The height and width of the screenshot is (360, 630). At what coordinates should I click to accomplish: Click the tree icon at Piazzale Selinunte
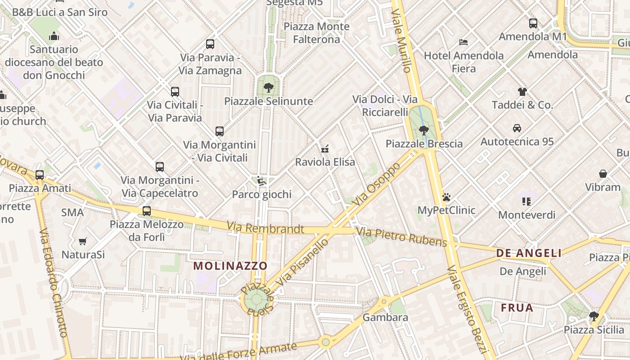[269, 87]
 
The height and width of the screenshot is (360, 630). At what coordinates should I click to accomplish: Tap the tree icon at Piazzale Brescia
[423, 130]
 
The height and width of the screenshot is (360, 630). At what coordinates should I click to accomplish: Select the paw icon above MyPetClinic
[446, 197]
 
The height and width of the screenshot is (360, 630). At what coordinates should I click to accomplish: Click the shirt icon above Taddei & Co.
[522, 92]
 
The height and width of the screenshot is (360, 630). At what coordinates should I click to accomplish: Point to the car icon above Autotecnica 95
[517, 128]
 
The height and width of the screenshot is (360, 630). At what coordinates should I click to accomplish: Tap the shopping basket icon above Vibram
[603, 174]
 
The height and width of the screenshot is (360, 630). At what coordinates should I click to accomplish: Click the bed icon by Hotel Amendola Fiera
[463, 42]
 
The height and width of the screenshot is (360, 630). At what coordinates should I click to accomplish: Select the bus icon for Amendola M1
[533, 23]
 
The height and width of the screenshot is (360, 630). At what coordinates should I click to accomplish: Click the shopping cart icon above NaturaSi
[82, 242]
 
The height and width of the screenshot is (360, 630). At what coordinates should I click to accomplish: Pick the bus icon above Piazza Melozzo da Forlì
[147, 211]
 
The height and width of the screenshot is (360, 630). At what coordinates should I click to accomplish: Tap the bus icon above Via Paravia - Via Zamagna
[210, 44]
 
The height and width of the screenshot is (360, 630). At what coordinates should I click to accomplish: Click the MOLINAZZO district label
[230, 265]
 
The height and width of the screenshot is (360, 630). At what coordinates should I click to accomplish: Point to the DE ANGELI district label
[529, 253]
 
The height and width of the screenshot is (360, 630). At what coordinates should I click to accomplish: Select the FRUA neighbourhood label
[517, 308]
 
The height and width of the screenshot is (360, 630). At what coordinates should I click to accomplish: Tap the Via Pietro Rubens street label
[401, 237]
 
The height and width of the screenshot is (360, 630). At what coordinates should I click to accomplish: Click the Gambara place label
[385, 317]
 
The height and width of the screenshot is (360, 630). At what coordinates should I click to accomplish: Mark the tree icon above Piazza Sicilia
[594, 316]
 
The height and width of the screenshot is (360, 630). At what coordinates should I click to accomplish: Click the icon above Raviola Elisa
[325, 148]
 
